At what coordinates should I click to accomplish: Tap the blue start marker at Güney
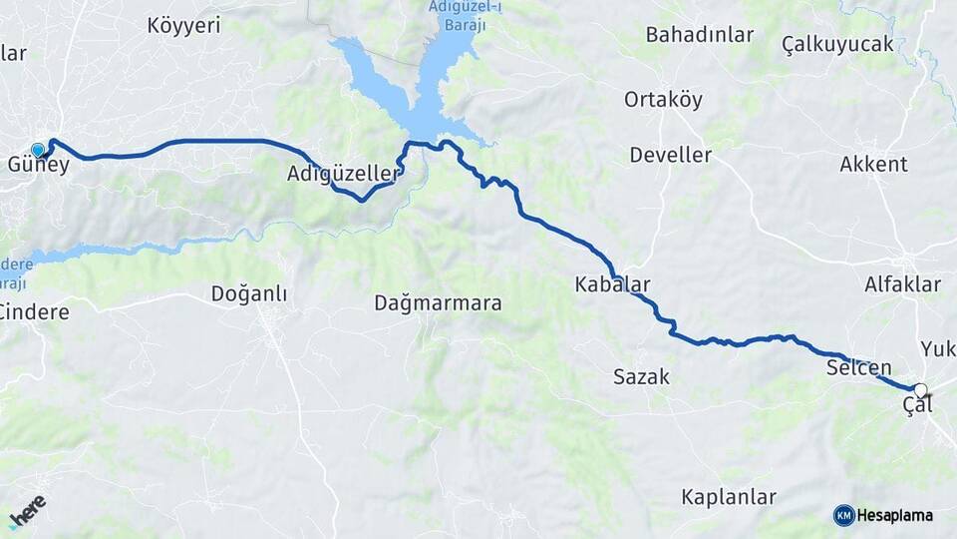[x=38, y=150]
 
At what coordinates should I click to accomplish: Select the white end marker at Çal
[x=920, y=390]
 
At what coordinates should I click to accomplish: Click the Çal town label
[x=917, y=406]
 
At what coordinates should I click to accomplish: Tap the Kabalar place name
[x=612, y=284]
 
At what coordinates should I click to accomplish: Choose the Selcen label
[x=858, y=368]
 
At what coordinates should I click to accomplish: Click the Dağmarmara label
[x=438, y=302]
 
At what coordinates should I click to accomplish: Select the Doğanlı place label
[x=249, y=293]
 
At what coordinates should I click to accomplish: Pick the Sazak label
[x=641, y=377]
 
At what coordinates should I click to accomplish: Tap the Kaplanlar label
[x=729, y=496]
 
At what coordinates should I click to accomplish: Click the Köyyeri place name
[x=183, y=26]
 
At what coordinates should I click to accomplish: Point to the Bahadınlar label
[x=699, y=35]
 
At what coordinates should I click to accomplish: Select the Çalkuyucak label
[x=837, y=45]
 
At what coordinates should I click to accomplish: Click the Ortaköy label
[x=663, y=100]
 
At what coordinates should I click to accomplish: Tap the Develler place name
[x=670, y=156]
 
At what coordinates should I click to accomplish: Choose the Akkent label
[x=873, y=165]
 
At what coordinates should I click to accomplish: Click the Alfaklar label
[x=902, y=284]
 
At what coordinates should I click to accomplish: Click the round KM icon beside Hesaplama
[x=843, y=515]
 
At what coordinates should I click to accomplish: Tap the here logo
[x=27, y=510]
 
